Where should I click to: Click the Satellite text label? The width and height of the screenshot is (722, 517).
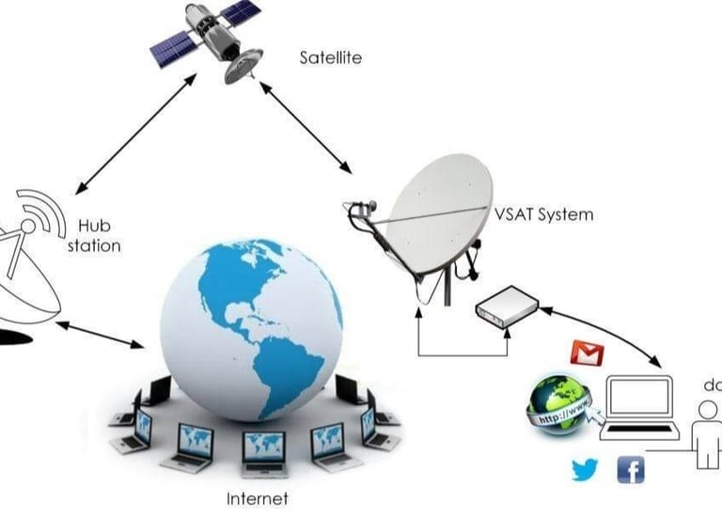tap(330, 58)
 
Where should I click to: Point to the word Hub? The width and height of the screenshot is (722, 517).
tap(93, 227)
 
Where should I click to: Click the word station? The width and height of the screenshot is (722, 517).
tap(94, 246)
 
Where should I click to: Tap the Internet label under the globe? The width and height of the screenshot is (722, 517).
tap(257, 498)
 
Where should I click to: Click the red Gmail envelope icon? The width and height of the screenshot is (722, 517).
tap(588, 353)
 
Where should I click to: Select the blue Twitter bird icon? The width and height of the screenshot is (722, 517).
tap(584, 469)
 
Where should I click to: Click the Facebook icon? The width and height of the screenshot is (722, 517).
tap(630, 469)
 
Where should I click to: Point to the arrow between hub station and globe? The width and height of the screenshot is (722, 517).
tap(102, 336)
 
